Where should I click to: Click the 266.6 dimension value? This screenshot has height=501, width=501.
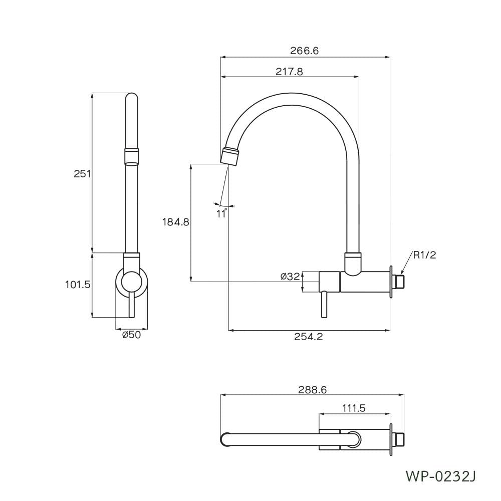304,51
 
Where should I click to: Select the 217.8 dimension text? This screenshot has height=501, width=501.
289,72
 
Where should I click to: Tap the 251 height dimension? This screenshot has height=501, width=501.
82,174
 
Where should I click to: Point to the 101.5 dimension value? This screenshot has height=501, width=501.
78,285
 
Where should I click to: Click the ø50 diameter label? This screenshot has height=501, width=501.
131,335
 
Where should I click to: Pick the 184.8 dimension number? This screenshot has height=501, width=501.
176,222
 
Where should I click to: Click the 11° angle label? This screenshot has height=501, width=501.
221,213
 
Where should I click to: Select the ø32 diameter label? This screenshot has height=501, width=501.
290,277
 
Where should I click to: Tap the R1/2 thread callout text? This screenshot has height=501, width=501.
424,255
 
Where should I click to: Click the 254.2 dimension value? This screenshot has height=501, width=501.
309,337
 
